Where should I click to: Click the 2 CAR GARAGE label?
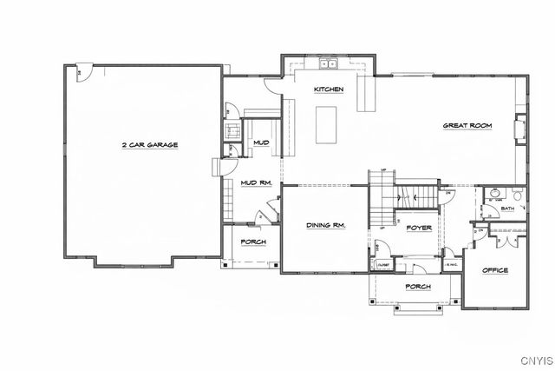coord(149,145)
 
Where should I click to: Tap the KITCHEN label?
coord(330,89)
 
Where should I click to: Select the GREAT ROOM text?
coord(468,126)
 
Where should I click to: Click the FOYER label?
coord(419,228)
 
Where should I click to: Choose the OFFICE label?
coord(495,270)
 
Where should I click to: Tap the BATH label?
coord(507,209)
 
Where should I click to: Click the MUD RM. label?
coord(257,183)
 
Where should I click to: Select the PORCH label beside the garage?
coord(253,242)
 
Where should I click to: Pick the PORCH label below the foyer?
coord(419,287)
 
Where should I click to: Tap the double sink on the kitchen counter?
coord(329,64)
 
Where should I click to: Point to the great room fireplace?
coord(520,129)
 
